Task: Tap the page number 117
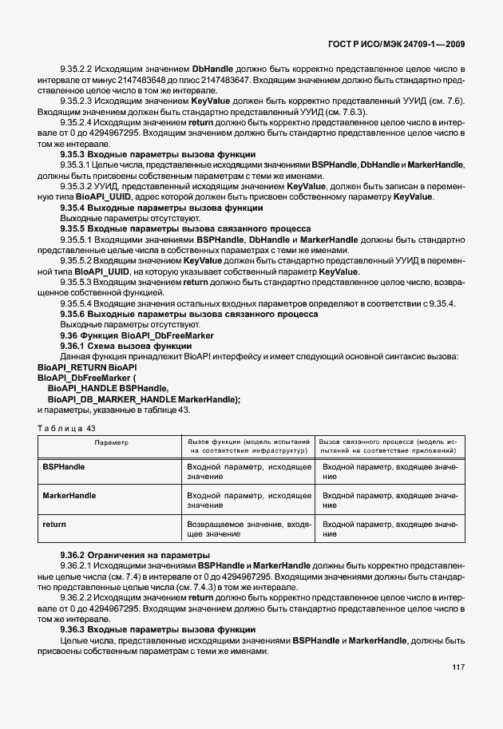coord(457,690)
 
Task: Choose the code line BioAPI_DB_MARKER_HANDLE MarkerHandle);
coord(144,398)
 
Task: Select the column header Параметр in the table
coord(111,442)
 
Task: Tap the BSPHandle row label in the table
coord(64,466)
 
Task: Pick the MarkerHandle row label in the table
coord(69,495)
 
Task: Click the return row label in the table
coord(54,525)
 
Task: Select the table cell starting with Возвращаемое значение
coord(248,529)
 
